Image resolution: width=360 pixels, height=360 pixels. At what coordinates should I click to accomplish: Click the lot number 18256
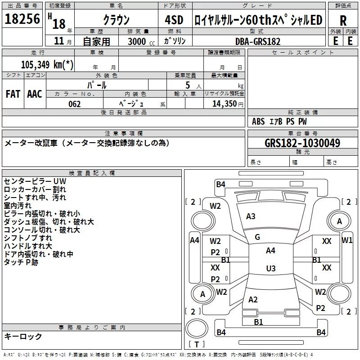[22, 18]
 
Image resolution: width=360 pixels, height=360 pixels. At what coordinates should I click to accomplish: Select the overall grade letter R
[343, 21]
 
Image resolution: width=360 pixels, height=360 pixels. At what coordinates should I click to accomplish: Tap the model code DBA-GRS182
[258, 41]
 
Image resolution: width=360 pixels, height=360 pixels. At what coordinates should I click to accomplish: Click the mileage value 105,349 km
[47, 64]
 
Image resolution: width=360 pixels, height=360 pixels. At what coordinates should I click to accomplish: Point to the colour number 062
[74, 104]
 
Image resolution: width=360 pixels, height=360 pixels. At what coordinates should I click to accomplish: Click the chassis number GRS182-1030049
[302, 143]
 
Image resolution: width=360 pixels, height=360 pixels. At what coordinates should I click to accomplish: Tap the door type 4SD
[174, 20]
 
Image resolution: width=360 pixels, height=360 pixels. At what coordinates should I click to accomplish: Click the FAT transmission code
[13, 94]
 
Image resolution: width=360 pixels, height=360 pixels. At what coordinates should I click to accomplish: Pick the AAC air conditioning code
[35, 94]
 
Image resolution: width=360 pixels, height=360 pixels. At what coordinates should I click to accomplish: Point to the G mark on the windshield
[257, 237]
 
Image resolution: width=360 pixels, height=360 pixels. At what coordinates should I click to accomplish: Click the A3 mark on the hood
[251, 216]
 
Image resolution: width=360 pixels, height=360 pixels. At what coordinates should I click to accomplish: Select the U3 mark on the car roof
[271, 268]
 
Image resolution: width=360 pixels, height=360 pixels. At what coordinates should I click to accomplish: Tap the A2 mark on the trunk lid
[253, 300]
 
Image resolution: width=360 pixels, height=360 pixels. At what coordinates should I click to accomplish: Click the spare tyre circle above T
[197, 328]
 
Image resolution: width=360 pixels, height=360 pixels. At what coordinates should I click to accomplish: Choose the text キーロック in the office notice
[23, 337]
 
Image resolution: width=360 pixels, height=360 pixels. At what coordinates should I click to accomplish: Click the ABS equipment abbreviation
[258, 121]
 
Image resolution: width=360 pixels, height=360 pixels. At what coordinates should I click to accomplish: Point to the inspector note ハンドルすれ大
[28, 246]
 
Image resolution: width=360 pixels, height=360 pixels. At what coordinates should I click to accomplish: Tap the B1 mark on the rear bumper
[258, 322]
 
